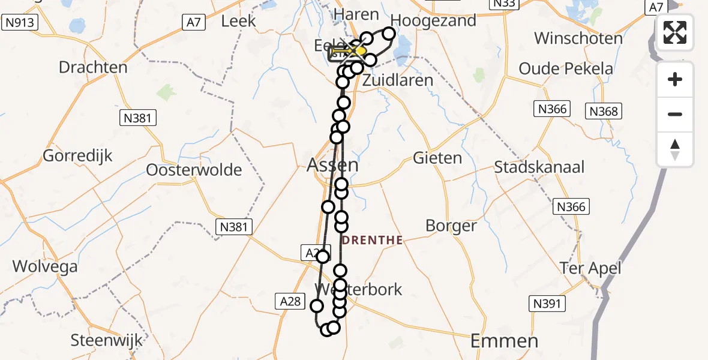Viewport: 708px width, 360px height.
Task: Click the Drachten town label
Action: pyautogui.click(x=93, y=67)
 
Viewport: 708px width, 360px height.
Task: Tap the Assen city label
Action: pyautogui.click(x=332, y=165)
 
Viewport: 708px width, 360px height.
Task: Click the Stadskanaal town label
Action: pyautogui.click(x=539, y=167)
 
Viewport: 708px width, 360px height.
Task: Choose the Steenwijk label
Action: pyautogui.click(x=107, y=340)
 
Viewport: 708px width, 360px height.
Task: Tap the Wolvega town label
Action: pyautogui.click(x=45, y=266)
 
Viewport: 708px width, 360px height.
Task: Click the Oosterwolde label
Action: pyautogui.click(x=194, y=170)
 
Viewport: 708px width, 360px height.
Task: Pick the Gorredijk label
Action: pyautogui.click(x=78, y=157)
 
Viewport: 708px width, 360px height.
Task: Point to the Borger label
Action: pyautogui.click(x=451, y=226)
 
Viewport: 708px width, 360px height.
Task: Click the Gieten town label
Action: pyautogui.click(x=437, y=158)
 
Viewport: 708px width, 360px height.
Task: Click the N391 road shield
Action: pyautogui.click(x=547, y=304)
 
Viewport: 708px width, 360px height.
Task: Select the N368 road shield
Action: pyautogui.click(x=604, y=111)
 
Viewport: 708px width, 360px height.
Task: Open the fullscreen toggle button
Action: pyautogui.click(x=675, y=32)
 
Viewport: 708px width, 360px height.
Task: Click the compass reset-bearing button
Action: pyautogui.click(x=675, y=149)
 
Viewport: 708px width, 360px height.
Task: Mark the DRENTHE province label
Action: pyautogui.click(x=372, y=241)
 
